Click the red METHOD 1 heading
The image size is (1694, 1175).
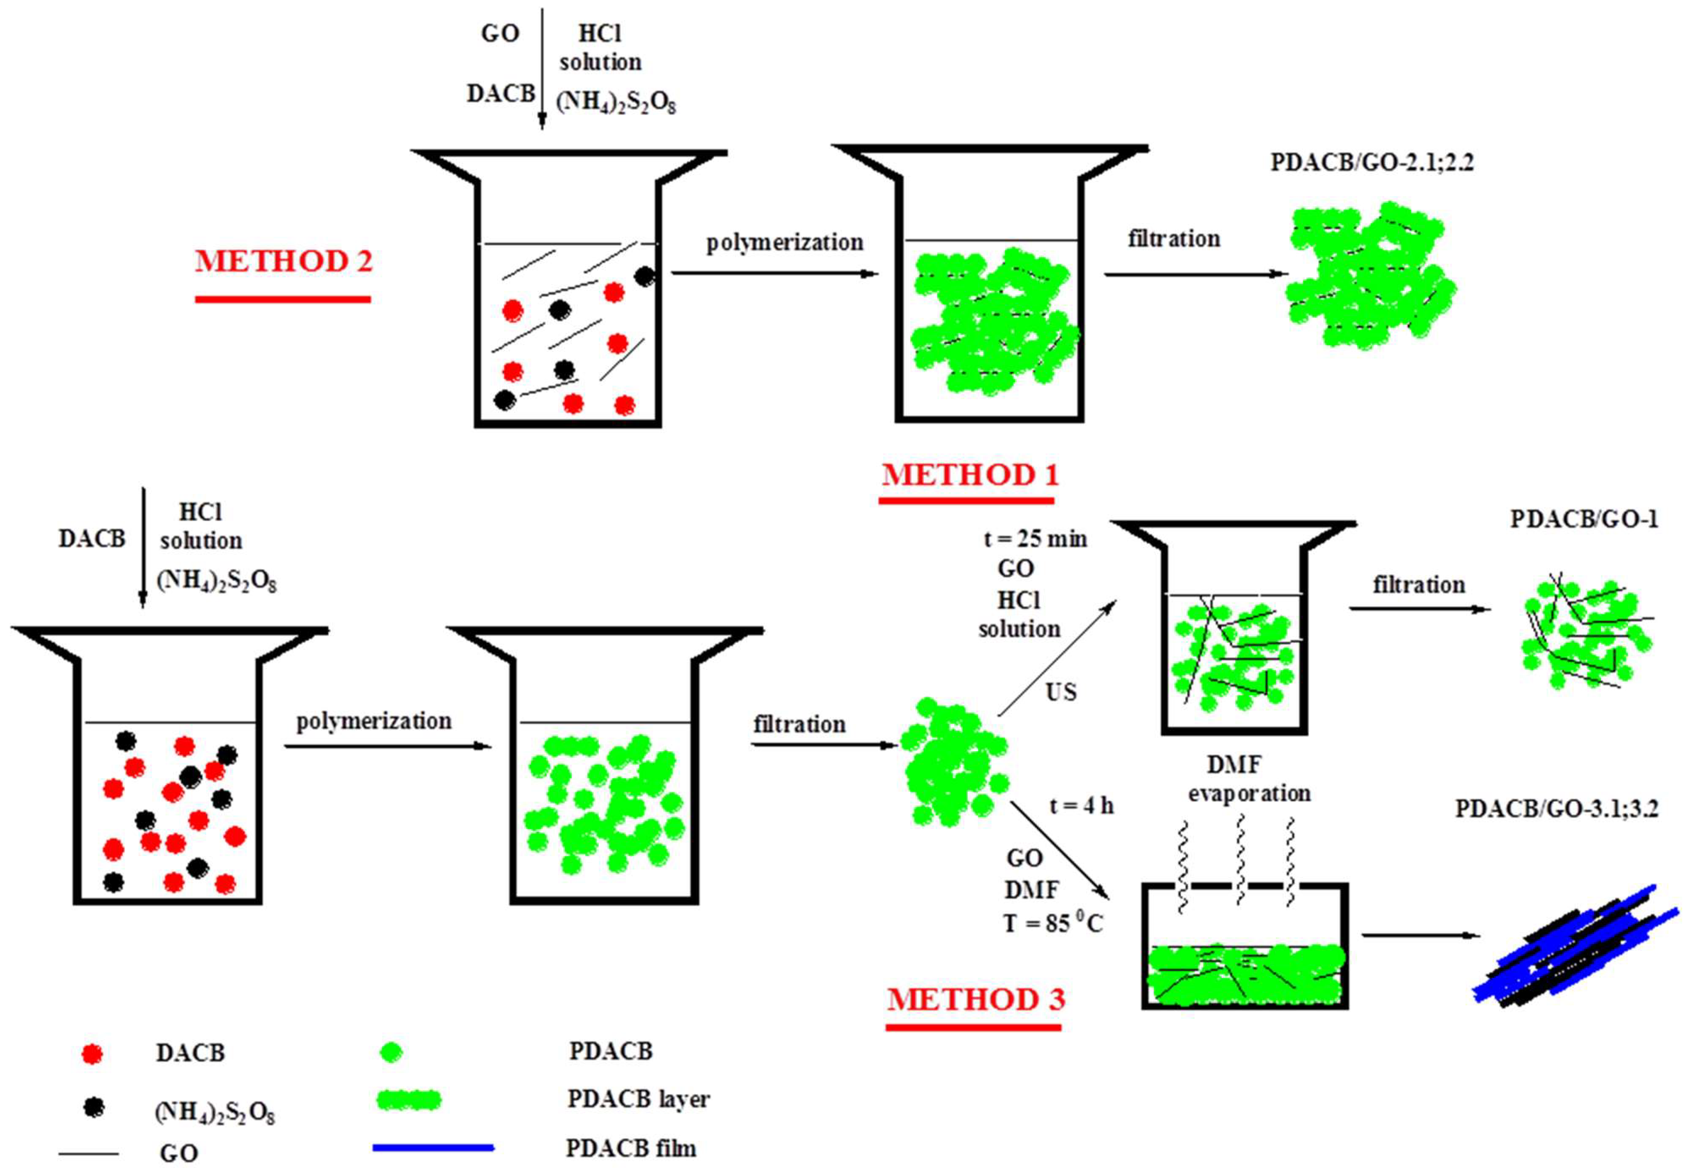970,475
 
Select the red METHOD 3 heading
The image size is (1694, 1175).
975,1000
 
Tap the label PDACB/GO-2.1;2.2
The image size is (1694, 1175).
1371,162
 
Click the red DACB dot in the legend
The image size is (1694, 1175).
92,1054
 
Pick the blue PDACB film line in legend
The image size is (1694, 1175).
433,1147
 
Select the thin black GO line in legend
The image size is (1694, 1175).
88,1153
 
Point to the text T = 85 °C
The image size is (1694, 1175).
1053,923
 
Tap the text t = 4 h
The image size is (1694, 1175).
1081,806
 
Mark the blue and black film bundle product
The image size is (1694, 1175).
1576,946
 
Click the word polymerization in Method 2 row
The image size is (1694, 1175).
784,243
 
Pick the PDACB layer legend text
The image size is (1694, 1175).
638,1099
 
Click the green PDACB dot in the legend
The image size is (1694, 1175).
391,1053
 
